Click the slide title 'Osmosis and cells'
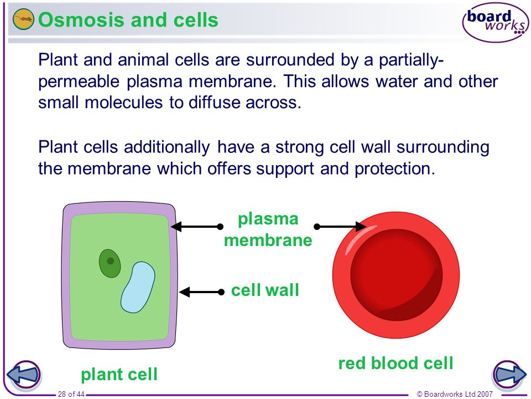128,19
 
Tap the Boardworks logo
496,22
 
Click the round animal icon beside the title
23,19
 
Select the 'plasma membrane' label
268,229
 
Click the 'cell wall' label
265,290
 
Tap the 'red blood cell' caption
395,363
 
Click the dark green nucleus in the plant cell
110,263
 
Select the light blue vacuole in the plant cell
138,287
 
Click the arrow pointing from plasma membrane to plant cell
197,226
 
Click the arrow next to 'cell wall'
202,292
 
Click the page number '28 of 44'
71,394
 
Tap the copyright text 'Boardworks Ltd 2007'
458,394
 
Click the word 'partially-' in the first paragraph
411,60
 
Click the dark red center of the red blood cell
396,275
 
